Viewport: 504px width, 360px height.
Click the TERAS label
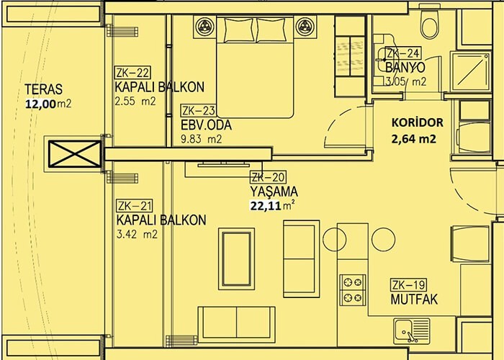click(43, 89)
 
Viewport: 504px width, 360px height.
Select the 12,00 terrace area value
click(41, 104)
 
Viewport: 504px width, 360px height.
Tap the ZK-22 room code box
click(132, 73)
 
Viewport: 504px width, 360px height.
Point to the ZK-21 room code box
click(135, 206)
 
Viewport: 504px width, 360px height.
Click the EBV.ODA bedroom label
click(206, 125)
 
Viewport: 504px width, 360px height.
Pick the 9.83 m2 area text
click(202, 140)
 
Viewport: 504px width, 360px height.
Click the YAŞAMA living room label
click(274, 192)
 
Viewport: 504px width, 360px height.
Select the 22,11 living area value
click(266, 205)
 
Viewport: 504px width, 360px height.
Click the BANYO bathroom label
click(405, 68)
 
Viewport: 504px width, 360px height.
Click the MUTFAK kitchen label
click(414, 300)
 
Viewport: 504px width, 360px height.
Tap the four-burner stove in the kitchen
click(353, 290)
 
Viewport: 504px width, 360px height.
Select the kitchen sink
click(411, 330)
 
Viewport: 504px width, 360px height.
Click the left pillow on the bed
click(238, 30)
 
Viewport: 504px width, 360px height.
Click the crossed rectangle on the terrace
click(75, 154)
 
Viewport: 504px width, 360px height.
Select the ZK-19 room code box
click(408, 285)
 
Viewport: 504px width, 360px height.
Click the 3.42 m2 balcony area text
click(138, 234)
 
